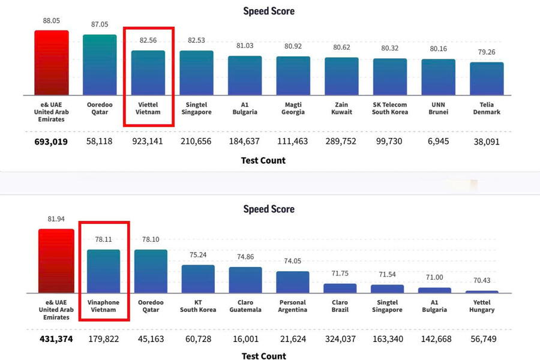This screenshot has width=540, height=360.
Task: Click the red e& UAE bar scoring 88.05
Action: pos(52,62)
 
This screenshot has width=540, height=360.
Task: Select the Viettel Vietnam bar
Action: pos(148,73)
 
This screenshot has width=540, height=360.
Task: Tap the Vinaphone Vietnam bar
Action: pos(103,271)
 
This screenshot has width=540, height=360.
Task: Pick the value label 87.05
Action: pos(100,25)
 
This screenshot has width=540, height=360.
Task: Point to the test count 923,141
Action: pos(148,141)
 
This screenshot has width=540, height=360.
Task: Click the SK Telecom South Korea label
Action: pos(390,108)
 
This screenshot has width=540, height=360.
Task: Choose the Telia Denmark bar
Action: pos(487,79)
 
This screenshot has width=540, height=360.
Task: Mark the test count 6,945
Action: pos(438,141)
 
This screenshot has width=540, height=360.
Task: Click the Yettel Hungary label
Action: pos(482,306)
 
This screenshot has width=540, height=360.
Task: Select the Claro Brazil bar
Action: pos(340,289)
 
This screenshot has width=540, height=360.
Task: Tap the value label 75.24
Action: pos(198,255)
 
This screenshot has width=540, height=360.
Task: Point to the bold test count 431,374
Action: pos(56,339)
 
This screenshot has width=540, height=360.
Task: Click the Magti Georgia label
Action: pos(293,108)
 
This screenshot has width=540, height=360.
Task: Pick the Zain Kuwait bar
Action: pos(341,76)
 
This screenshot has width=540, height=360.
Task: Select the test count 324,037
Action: pos(340,339)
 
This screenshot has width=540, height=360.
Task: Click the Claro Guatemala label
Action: pos(245,306)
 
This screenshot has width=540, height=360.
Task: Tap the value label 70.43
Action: pos(482,280)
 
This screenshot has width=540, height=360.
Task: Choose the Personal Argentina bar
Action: pos(293,282)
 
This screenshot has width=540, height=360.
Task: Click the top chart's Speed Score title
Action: pos(269,11)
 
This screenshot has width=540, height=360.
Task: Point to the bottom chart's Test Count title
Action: pos(264,356)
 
